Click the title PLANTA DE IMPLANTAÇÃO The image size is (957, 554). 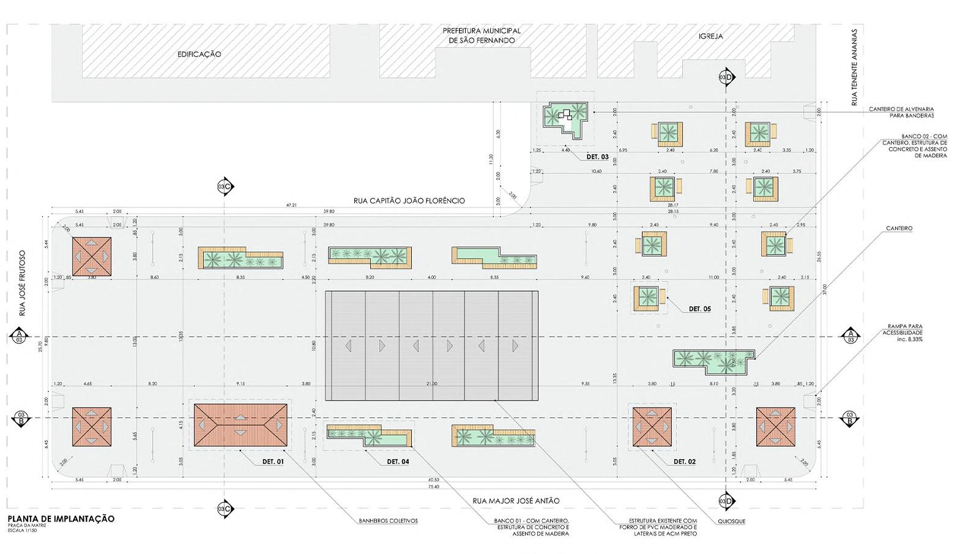tap(61, 518)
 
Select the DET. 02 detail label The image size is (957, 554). tap(684, 462)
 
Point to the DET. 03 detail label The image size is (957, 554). tap(597, 157)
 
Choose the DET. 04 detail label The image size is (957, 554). tap(397, 462)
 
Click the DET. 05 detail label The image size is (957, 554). tap(699, 309)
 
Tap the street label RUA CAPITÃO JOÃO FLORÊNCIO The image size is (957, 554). tap(409, 200)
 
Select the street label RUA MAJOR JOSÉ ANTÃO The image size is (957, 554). tap(516, 501)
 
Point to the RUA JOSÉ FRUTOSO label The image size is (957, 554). tap(23, 283)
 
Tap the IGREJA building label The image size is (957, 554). tap(710, 36)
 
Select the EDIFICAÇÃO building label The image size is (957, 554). tap(199, 54)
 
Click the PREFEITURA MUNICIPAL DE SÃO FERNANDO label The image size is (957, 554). tap(482, 36)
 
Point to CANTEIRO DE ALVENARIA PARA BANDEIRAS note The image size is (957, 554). tap(901, 112)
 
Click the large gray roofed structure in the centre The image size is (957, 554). tap(431, 346)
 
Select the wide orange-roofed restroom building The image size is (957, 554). tap(241, 424)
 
